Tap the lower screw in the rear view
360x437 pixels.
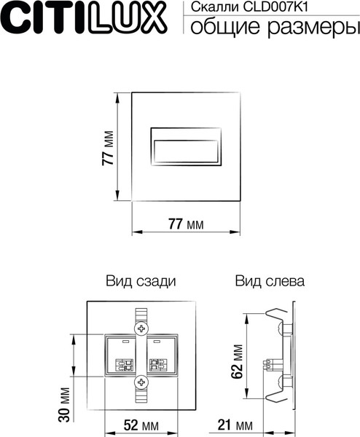(141, 382)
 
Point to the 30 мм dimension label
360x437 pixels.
(64, 412)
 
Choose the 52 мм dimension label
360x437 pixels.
(141, 425)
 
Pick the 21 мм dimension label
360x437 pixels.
(235, 425)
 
